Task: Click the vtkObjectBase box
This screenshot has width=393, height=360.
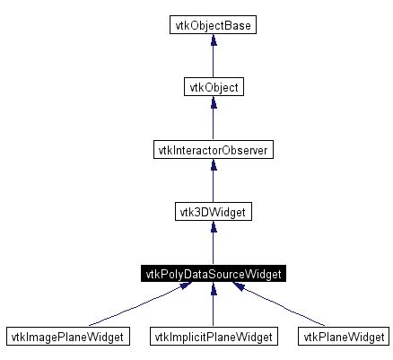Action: point(212,25)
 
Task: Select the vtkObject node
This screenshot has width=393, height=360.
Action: point(212,87)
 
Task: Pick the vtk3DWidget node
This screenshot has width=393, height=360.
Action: point(212,212)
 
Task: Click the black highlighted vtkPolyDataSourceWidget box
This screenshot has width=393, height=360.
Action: point(212,274)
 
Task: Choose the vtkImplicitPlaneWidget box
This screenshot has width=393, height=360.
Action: point(212,337)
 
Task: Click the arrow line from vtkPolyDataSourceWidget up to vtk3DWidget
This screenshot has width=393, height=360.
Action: point(212,248)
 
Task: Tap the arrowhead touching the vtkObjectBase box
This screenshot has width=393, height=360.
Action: point(212,40)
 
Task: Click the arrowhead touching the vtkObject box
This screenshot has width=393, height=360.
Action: point(212,102)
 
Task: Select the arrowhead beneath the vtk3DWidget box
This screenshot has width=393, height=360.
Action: point(212,227)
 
